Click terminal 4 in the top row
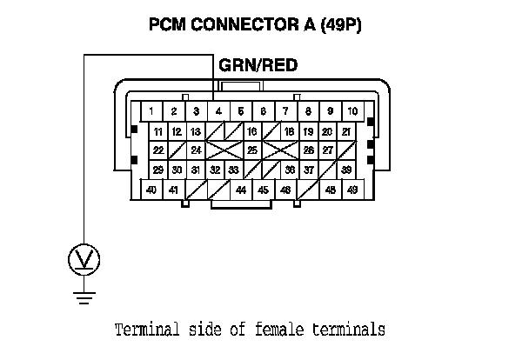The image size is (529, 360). pyautogui.click(x=218, y=111)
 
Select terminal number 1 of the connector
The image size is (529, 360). pyautogui.click(x=151, y=111)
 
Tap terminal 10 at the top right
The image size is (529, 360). pyautogui.click(x=352, y=111)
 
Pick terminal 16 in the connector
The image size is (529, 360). pyautogui.click(x=251, y=131)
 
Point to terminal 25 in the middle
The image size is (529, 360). pyautogui.click(x=251, y=150)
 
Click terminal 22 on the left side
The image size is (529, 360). pyautogui.click(x=157, y=150)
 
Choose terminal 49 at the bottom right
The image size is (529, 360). pyautogui.click(x=352, y=189)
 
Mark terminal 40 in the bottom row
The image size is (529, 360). pyautogui.click(x=151, y=189)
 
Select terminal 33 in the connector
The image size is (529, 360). pyautogui.click(x=233, y=170)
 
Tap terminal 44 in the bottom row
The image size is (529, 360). pyautogui.click(x=241, y=189)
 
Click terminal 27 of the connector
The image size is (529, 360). pyautogui.click(x=327, y=150)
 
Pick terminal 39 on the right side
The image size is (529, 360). pyautogui.click(x=346, y=170)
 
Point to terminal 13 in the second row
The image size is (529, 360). pyautogui.click(x=196, y=131)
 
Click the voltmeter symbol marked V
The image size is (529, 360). pyautogui.click(x=84, y=258)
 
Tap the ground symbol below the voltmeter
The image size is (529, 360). pyautogui.click(x=84, y=300)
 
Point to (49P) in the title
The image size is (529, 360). pyautogui.click(x=344, y=25)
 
